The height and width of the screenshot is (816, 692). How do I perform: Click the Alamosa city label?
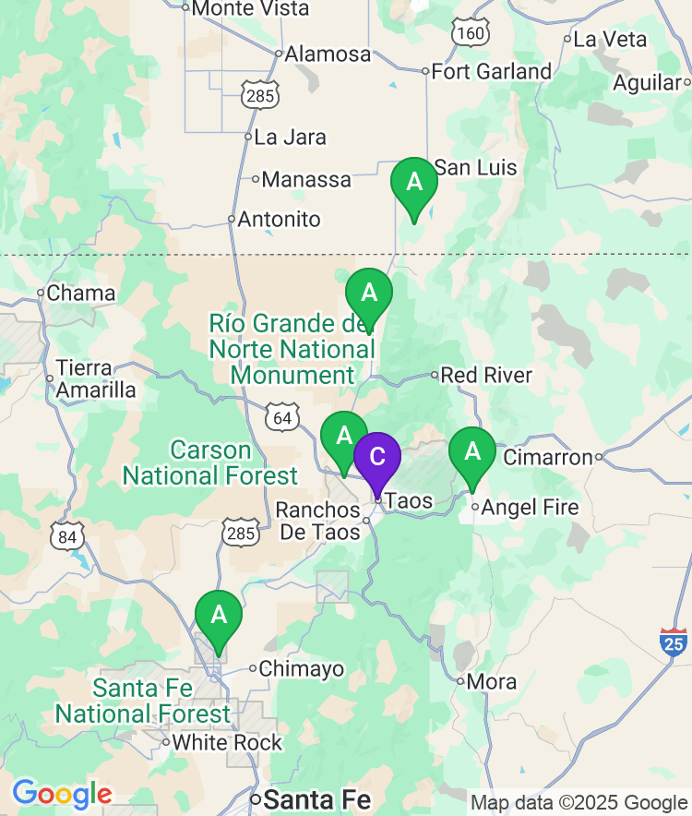[328, 54]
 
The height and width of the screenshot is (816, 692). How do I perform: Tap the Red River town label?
[486, 376]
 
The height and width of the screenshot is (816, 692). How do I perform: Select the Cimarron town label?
[547, 457]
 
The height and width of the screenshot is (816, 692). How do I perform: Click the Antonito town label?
[279, 220]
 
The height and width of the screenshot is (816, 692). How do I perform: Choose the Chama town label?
[81, 294]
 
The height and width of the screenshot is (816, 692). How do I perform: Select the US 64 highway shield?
[282, 418]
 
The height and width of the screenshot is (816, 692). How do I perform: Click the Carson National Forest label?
[210, 463]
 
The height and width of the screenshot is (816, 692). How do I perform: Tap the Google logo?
[62, 794]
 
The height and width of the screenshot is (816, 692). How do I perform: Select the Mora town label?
[492, 683]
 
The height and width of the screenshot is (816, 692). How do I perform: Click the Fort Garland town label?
[491, 72]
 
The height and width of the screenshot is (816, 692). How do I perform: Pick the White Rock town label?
[228, 742]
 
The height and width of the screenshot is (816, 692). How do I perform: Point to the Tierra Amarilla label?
[96, 378]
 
